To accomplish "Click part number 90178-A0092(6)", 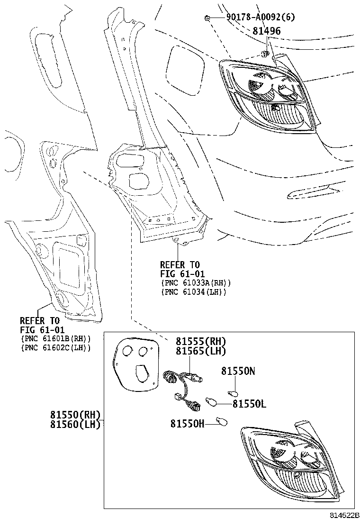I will pos(260,18).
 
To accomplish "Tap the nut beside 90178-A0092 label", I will pos(208,18).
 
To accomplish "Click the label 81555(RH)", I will pos(201,342).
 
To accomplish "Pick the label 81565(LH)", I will pos(201,351).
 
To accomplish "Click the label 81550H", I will pos(188,423).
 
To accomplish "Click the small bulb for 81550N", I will pos(233,393).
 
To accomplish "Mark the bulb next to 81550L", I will pos(211,402).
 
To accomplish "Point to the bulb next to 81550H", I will pos(221,420).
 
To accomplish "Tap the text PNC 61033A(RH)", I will pos(196,283).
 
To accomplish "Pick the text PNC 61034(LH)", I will pos(194,292).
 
